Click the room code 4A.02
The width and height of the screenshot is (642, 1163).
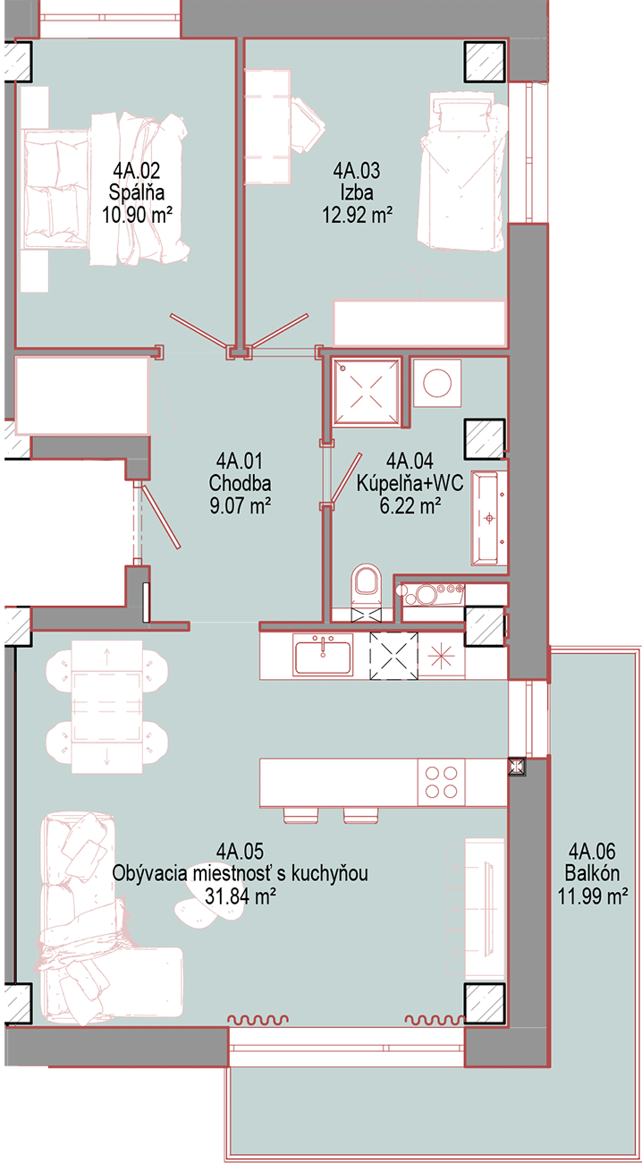tap(137, 170)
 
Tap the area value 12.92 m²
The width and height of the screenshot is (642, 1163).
tap(357, 215)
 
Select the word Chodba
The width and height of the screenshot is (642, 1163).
tap(240, 483)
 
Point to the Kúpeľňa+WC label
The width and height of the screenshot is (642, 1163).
tap(410, 483)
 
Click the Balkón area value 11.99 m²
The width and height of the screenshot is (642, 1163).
tap(593, 896)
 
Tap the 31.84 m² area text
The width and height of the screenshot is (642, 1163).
tap(240, 896)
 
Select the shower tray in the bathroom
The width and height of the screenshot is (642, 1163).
tap(367, 391)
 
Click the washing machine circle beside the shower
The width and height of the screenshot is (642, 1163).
tap(437, 383)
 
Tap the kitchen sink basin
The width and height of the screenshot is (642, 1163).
tap(322, 655)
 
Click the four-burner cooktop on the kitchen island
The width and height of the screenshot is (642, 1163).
tap(441, 783)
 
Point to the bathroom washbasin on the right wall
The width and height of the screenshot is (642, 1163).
tap(489, 518)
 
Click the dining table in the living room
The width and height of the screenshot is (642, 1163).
tap(107, 707)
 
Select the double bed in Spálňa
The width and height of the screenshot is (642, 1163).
tap(105, 190)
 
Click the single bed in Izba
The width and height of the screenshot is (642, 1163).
tap(463, 173)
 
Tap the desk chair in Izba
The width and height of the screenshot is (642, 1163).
tap(308, 125)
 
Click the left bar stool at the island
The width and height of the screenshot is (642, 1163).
tap(299, 815)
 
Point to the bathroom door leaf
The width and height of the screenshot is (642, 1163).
tap(346, 480)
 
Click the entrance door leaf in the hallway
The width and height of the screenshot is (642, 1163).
tap(161, 515)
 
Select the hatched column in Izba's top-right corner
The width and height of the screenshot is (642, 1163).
tap(485, 61)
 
